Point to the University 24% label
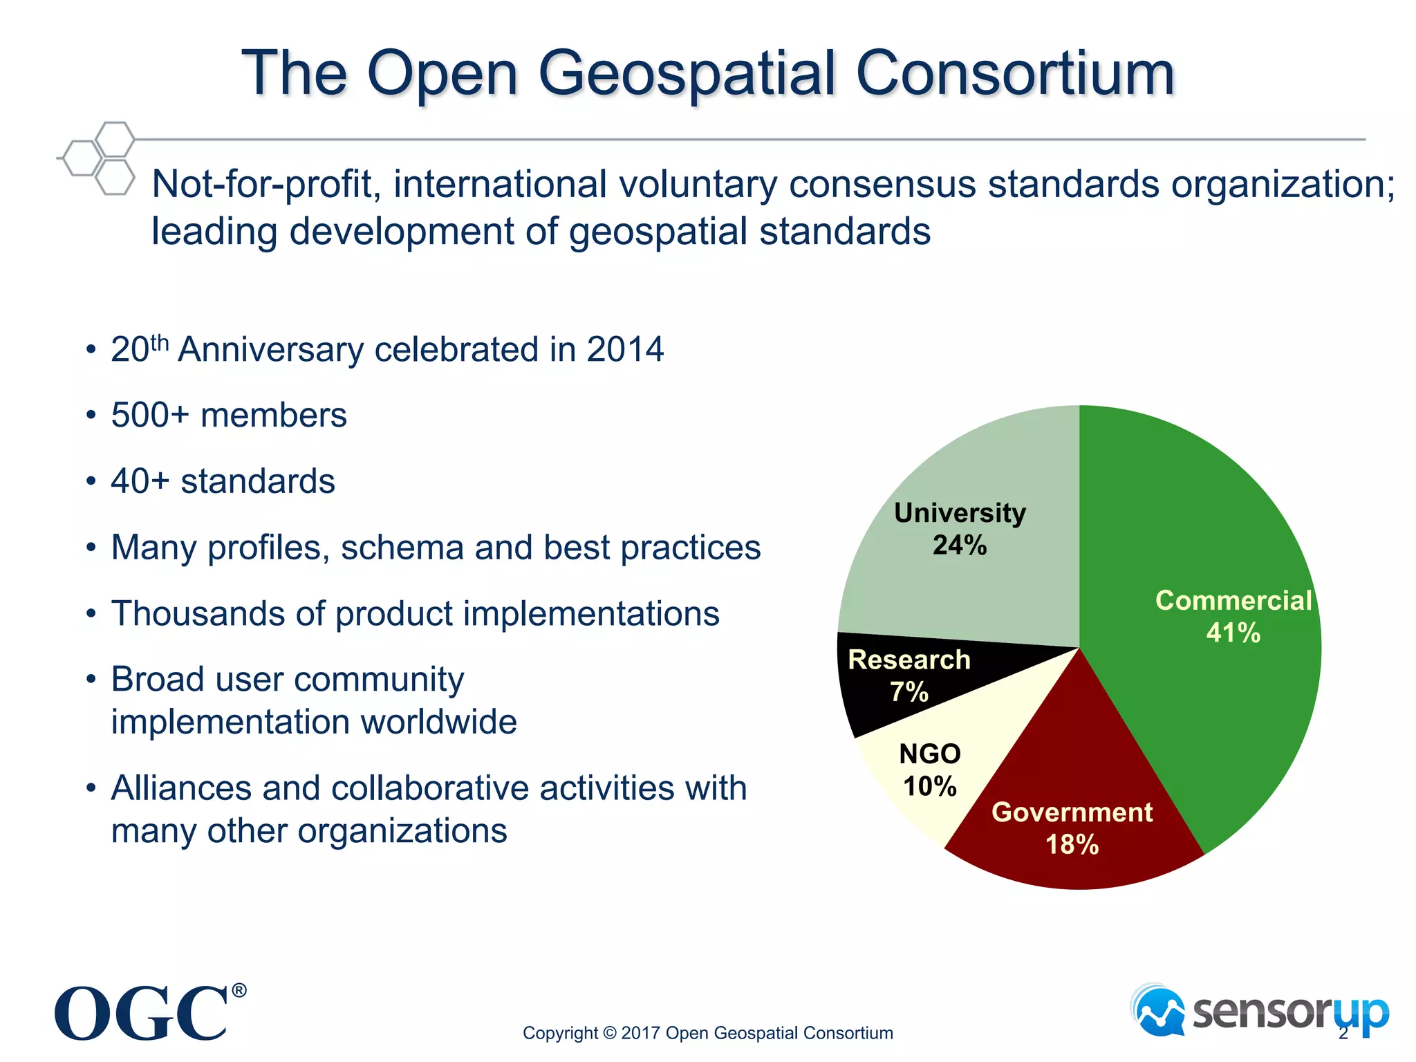pos(960,529)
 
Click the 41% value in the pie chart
pos(1233,633)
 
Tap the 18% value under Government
pos(1072,844)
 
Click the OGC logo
pos(142,1013)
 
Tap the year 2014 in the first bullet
pos(625,349)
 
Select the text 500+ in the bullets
pos(149,415)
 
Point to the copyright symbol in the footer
pos(609,1033)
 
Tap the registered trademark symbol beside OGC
pos(239,991)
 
